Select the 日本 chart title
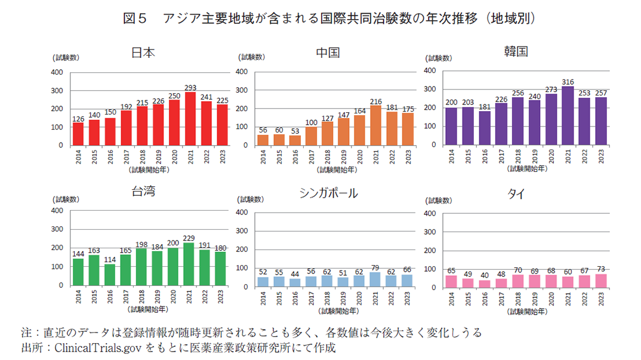click(143, 53)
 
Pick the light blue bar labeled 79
click(375, 279)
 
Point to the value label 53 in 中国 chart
click(295, 131)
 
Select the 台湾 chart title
click(143, 192)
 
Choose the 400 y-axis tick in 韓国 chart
click(430, 71)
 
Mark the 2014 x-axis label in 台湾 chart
click(78, 297)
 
